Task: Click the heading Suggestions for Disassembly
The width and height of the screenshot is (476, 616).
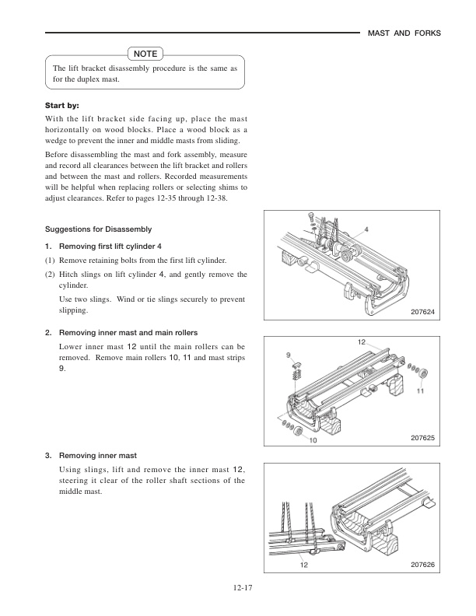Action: [97, 229]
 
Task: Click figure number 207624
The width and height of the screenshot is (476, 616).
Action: [422, 312]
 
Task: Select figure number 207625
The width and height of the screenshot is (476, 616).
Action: [422, 439]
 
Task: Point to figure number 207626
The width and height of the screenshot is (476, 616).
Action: [422, 565]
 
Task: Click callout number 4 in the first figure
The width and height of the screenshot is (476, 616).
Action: [366, 229]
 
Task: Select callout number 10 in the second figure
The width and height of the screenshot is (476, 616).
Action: [313, 440]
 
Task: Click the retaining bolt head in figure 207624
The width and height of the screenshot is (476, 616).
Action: [310, 214]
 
